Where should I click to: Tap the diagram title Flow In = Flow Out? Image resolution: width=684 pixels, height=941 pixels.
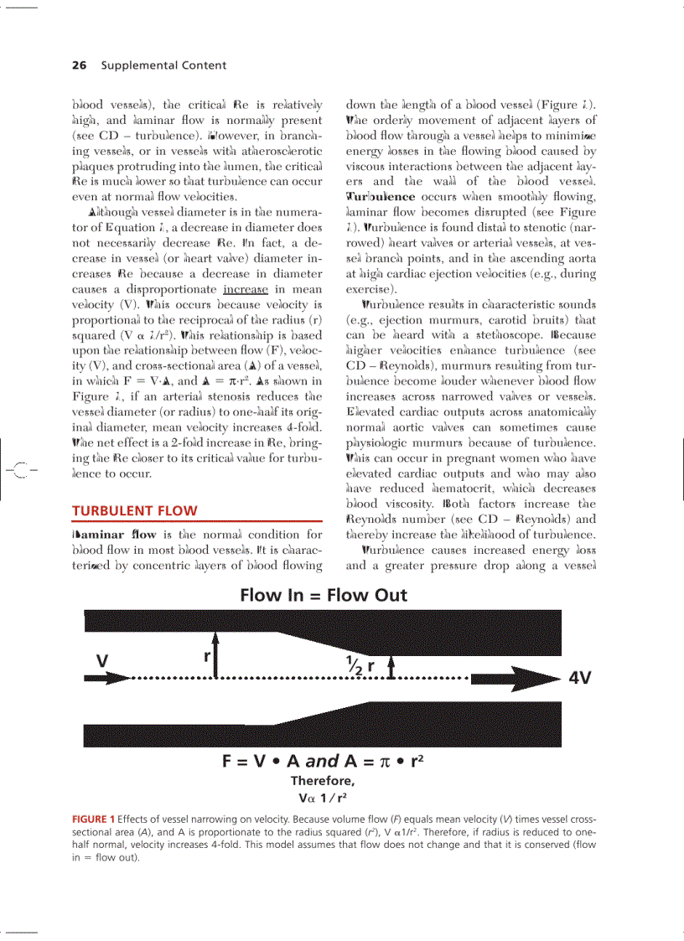(324, 595)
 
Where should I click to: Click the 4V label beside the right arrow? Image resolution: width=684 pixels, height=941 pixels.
(580, 678)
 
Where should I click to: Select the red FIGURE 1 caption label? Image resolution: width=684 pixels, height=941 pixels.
(93, 818)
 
